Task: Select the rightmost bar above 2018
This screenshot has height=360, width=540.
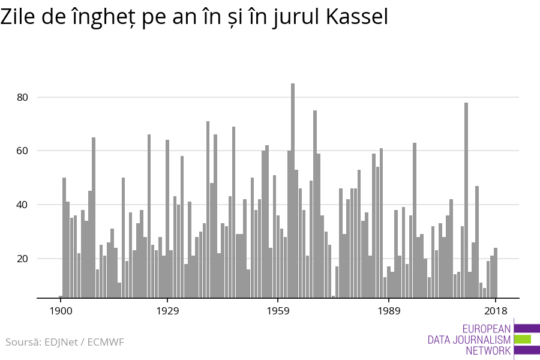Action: click(x=496, y=272)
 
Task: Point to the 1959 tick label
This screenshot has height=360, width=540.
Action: click(x=278, y=311)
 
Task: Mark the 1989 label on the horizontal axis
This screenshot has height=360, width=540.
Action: click(x=389, y=311)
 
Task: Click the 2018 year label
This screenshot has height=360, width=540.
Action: click(x=496, y=311)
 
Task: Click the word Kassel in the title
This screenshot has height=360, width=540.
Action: click(x=357, y=17)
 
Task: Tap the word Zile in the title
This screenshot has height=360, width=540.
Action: click(x=19, y=17)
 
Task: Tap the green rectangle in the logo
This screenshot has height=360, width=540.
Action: click(x=523, y=339)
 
